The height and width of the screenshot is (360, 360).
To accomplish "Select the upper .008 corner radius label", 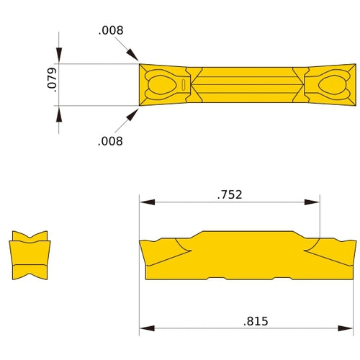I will click(111, 30).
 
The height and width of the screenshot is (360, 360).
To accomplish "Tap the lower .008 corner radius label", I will click(111, 141).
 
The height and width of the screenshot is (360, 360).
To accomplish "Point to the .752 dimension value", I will click(229, 194).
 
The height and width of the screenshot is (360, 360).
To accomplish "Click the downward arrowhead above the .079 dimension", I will click(59, 57).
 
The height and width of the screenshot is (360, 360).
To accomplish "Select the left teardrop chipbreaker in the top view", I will click(160, 85).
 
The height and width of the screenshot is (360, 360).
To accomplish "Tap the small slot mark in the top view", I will click(184, 85).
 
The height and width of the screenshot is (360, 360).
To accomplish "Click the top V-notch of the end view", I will click(30, 238).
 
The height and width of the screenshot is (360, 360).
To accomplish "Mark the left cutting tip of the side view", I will click(141, 243).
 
